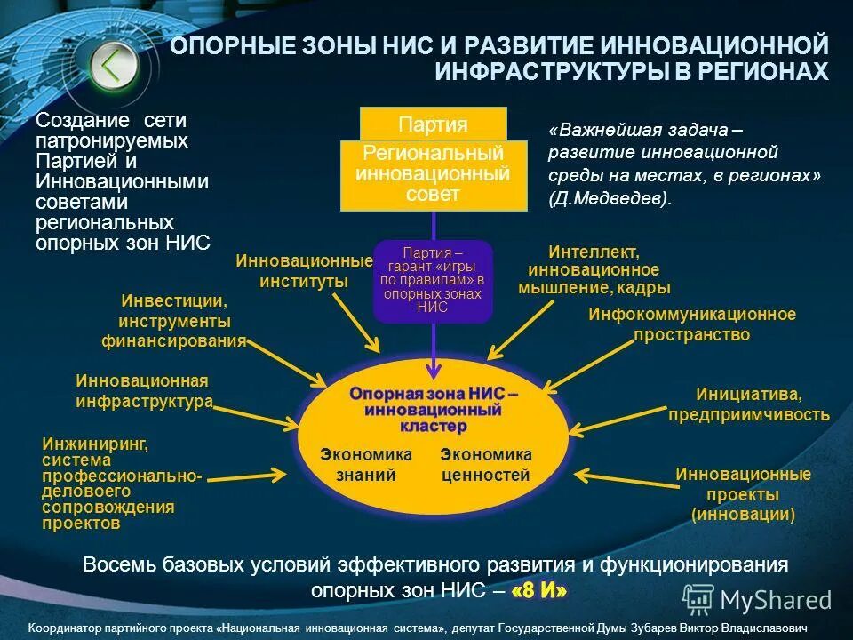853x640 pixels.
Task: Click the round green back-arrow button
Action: pyautogui.click(x=113, y=64)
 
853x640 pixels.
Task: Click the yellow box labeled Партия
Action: pyautogui.click(x=433, y=124)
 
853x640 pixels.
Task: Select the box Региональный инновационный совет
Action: pyautogui.click(x=433, y=174)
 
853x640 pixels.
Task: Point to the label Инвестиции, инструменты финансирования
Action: pyautogui.click(x=174, y=321)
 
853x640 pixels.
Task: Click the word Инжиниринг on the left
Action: pyautogui.click(x=95, y=442)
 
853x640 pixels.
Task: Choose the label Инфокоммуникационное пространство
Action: pyautogui.click(x=692, y=324)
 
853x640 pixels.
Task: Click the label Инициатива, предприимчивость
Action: pyautogui.click(x=749, y=404)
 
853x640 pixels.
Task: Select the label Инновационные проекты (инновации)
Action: pyautogui.click(x=743, y=494)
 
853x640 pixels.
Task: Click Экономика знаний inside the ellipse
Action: pyautogui.click(x=366, y=465)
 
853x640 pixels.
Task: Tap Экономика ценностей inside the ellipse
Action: pyautogui.click(x=486, y=465)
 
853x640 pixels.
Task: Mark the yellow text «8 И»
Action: pyautogui.click(x=538, y=590)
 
